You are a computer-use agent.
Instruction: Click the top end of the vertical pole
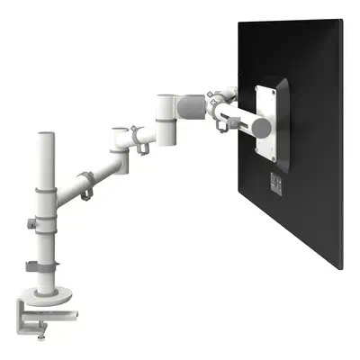click(x=43, y=136)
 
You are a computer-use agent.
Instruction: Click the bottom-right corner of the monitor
click(x=341, y=268)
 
